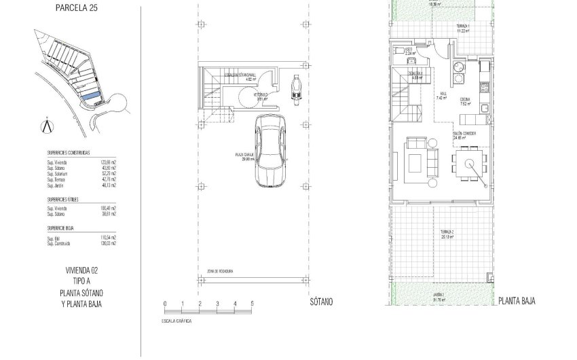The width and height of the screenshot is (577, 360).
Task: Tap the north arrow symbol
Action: coord(46,126)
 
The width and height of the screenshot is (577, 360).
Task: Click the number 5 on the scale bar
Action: coord(252,303)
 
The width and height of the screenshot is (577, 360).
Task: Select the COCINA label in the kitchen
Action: coord(465,101)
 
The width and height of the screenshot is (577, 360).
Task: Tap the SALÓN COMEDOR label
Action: coord(464,134)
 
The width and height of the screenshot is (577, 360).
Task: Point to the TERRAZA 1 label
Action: coord(463,26)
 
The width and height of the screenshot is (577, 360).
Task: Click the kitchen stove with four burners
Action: coord(485,88)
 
